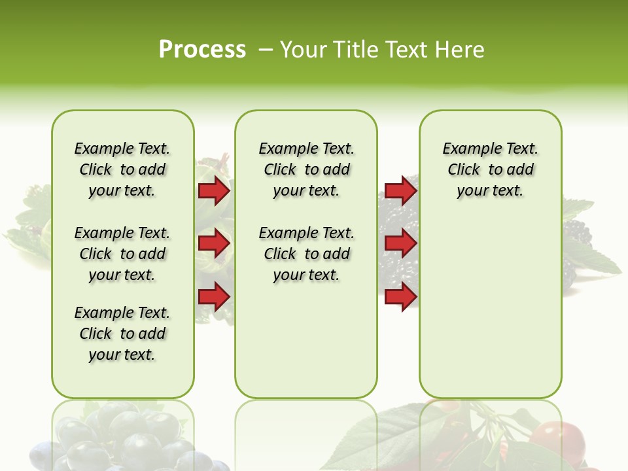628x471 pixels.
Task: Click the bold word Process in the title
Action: point(202,50)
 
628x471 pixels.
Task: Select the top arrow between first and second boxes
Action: point(214,191)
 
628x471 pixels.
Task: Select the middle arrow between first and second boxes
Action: point(214,244)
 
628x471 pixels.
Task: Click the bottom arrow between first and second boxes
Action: point(214,297)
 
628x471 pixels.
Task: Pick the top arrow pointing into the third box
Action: point(400,191)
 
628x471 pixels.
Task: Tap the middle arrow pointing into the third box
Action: point(400,244)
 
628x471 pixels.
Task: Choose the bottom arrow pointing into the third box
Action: point(400,297)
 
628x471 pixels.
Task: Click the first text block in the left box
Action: point(122,169)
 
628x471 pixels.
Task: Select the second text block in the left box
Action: point(122,254)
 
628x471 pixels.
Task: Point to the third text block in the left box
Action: point(122,334)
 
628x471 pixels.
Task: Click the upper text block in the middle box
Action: point(306,169)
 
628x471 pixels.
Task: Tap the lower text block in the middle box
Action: point(306,254)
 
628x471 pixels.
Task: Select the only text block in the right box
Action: point(490,169)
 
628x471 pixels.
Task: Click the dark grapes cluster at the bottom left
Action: point(124,438)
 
